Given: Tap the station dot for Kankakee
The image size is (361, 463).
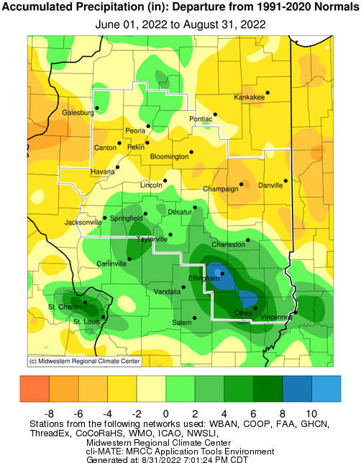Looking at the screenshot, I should point(268,92).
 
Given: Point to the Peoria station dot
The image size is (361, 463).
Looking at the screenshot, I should point(149,126).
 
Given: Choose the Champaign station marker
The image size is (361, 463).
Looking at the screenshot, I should point(242,184).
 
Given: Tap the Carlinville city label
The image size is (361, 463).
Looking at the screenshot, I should point(112,264).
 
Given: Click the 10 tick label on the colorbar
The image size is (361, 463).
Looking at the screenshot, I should point(312,413).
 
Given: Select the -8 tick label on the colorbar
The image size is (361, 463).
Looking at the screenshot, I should point(50,413).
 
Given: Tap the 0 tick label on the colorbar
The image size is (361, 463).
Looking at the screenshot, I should point(166,413).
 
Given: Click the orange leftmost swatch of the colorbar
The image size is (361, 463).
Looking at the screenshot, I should point(35,390).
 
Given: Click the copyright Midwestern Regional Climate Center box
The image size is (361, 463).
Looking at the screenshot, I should point(84,361).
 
